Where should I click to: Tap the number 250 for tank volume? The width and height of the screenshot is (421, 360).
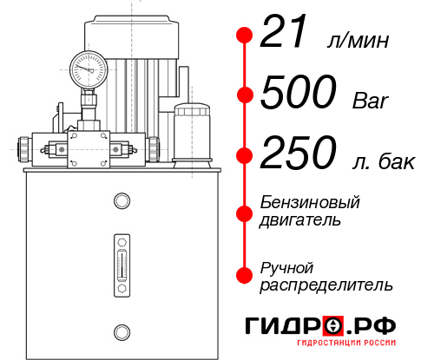pyautogui.click(x=299, y=155)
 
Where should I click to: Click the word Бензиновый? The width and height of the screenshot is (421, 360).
pyautogui.click(x=309, y=202)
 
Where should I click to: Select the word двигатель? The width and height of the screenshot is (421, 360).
pyautogui.click(x=304, y=220)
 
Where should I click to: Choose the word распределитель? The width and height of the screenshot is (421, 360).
pyautogui.click(x=326, y=285)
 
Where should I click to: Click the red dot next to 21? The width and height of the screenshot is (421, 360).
pyautogui.click(x=245, y=36)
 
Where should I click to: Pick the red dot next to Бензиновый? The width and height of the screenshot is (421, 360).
pyautogui.click(x=245, y=212)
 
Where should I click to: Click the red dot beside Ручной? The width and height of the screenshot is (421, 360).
pyautogui.click(x=245, y=275)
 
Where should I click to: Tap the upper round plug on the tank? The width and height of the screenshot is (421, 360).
pyautogui.click(x=121, y=201)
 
